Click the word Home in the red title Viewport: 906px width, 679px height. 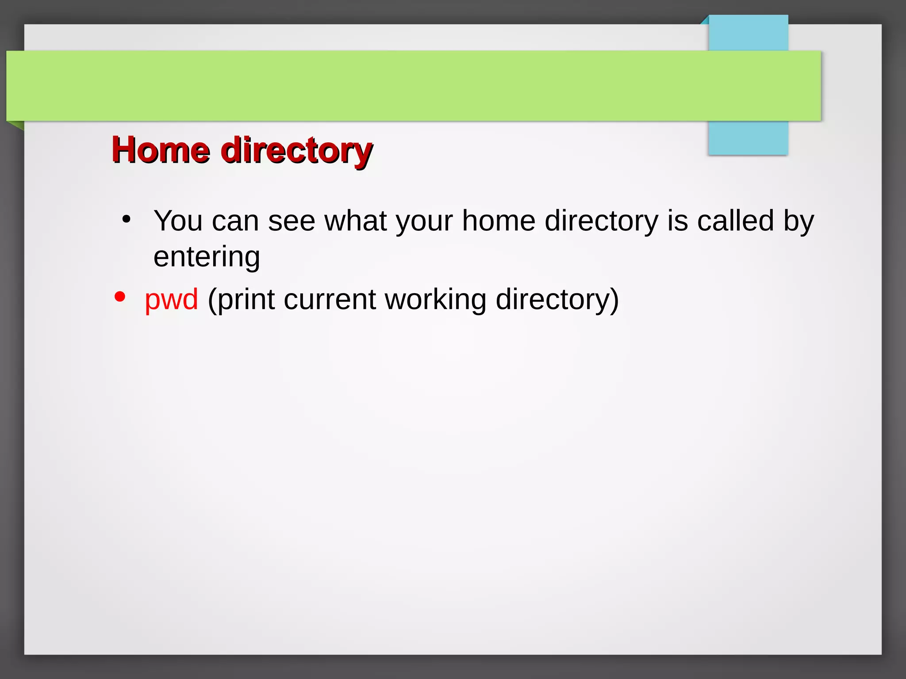coord(161,150)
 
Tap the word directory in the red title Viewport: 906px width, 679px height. coord(296,151)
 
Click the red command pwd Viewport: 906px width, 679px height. coord(171,300)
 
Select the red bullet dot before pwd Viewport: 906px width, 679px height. coord(119,297)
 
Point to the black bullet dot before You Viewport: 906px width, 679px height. coord(127,219)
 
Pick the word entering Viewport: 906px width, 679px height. coord(207,257)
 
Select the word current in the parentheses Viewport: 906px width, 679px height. coord(329,300)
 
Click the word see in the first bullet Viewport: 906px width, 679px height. coord(291,221)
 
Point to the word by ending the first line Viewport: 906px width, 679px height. coord(799,221)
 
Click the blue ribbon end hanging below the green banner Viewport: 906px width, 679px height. coord(748,138)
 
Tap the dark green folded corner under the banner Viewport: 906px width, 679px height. coord(16,125)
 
